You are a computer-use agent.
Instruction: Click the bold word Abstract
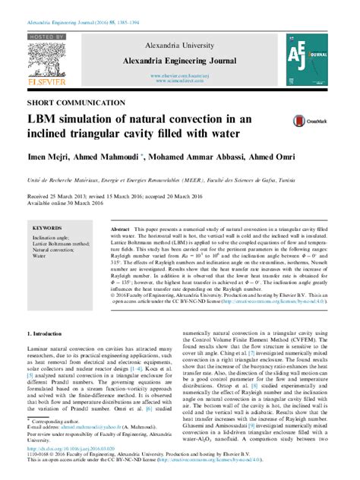click(x=120, y=228)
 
